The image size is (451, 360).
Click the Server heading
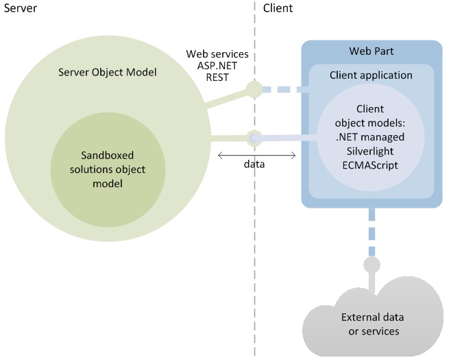click(x=19, y=9)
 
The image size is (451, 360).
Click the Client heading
click(x=278, y=9)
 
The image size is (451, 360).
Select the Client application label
click(x=371, y=75)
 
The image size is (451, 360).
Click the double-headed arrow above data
click(x=256, y=155)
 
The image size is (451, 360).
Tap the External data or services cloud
click(x=372, y=323)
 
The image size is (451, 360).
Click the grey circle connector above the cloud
click(x=371, y=265)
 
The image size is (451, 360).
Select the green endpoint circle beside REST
click(x=255, y=89)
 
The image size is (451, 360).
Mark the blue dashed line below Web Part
click(x=371, y=230)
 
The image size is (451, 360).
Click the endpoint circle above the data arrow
click(x=255, y=138)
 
